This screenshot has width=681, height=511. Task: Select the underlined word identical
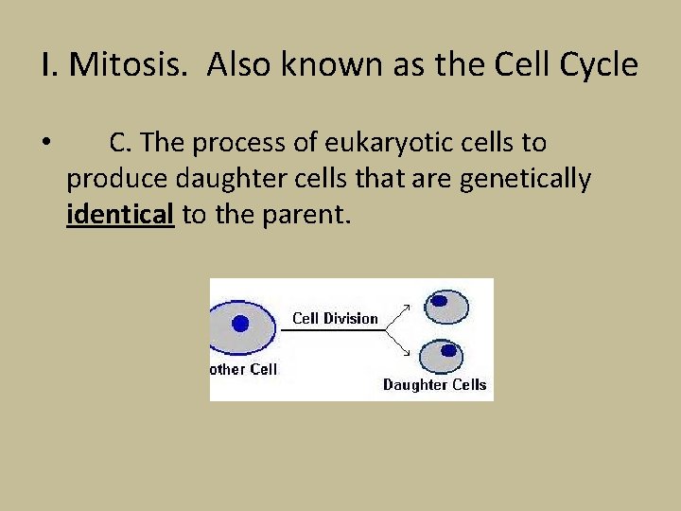(x=120, y=215)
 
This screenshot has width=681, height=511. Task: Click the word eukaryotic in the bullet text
(x=382, y=143)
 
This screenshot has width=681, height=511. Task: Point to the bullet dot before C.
(x=46, y=145)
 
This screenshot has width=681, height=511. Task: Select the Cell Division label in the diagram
(x=335, y=318)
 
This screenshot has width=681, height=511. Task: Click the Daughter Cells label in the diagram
(x=434, y=384)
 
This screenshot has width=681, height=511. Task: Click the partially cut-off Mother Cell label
(x=244, y=369)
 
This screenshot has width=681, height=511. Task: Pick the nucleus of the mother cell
(x=240, y=324)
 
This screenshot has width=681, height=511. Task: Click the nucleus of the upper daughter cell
(x=439, y=301)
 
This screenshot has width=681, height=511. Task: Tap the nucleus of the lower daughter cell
(x=448, y=350)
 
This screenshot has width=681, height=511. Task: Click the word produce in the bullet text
(x=104, y=179)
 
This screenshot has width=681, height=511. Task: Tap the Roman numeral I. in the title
(x=49, y=65)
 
